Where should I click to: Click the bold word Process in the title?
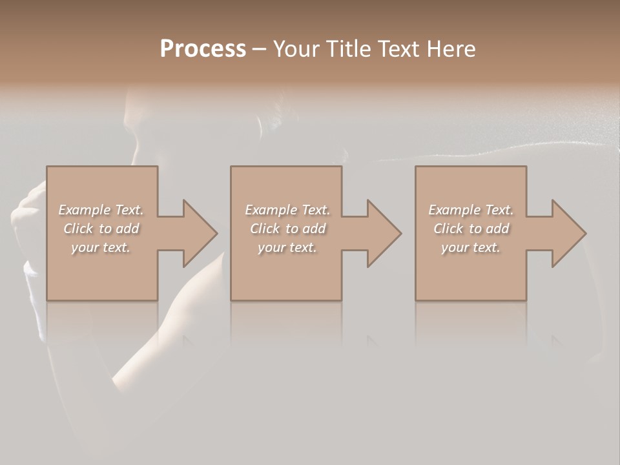click(203, 49)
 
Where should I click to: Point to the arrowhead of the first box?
click(198, 233)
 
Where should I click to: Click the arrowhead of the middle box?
click(382, 233)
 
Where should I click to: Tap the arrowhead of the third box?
click(567, 233)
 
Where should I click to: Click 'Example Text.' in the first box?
click(101, 210)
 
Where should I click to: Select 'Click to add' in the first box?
click(101, 229)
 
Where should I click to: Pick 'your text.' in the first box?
click(101, 247)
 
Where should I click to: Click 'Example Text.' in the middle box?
click(287, 210)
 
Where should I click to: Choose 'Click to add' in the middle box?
click(287, 229)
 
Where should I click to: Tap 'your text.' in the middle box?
click(287, 247)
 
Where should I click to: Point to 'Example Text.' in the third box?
click(471, 210)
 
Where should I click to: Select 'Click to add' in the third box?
click(471, 229)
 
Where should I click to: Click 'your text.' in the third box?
click(471, 247)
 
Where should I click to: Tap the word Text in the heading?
click(398, 49)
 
